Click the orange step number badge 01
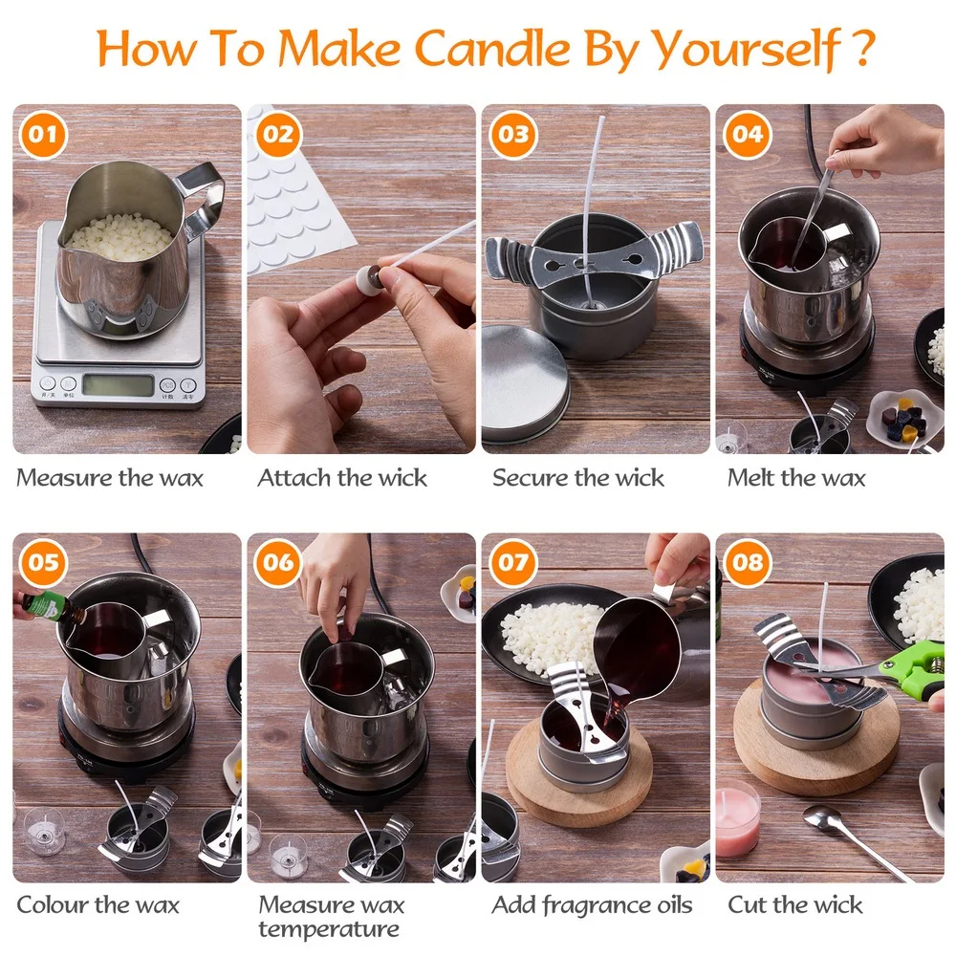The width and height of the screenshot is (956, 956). [41, 134]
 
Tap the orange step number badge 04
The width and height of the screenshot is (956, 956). [746, 134]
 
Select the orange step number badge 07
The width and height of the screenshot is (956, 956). [512, 562]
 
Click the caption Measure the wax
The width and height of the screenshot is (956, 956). [110, 478]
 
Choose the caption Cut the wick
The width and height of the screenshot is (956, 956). [795, 904]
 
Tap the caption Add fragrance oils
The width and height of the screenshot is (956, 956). [592, 904]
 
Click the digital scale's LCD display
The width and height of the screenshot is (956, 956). [118, 384]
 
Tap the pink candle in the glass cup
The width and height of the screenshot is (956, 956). [737, 819]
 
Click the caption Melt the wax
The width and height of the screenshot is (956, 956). [795, 478]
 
